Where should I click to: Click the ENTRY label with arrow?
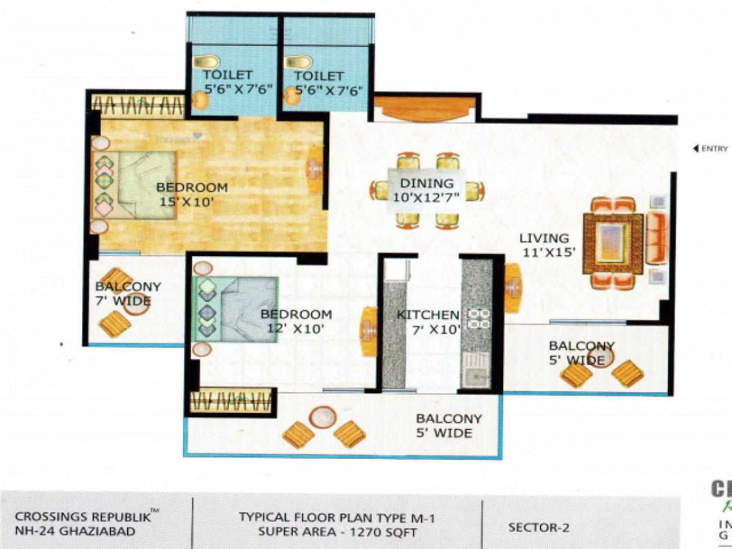click(711, 148)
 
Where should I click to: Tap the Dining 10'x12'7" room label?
click(427, 189)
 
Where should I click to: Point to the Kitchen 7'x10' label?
click(428, 322)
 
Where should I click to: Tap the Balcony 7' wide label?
click(127, 293)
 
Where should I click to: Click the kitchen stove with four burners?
click(479, 318)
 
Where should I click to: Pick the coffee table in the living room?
click(612, 243)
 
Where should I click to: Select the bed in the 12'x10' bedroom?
click(237, 309)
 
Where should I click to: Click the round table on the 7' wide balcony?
click(136, 303)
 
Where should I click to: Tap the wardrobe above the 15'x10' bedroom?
click(138, 106)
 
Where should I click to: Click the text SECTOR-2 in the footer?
click(539, 528)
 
